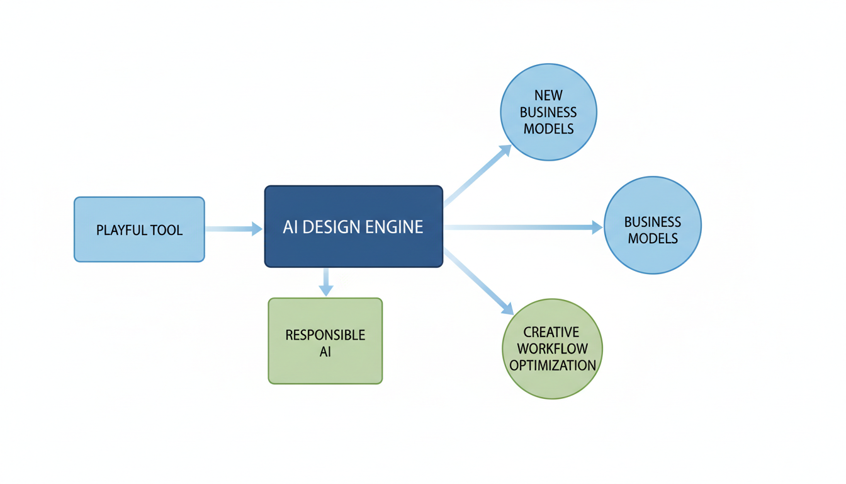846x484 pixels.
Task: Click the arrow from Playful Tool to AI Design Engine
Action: [x=233, y=229]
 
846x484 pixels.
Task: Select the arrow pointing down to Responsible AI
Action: [x=325, y=282]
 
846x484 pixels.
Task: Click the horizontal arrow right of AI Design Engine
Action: [x=522, y=228]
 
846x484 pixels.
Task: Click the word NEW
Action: [x=548, y=96]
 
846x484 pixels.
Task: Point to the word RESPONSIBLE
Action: [x=325, y=335]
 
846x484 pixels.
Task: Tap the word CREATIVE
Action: [x=551, y=332]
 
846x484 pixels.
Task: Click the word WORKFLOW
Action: [x=553, y=349]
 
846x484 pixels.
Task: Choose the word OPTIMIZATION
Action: [x=553, y=366]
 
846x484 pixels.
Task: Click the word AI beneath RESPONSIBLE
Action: [x=325, y=352]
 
